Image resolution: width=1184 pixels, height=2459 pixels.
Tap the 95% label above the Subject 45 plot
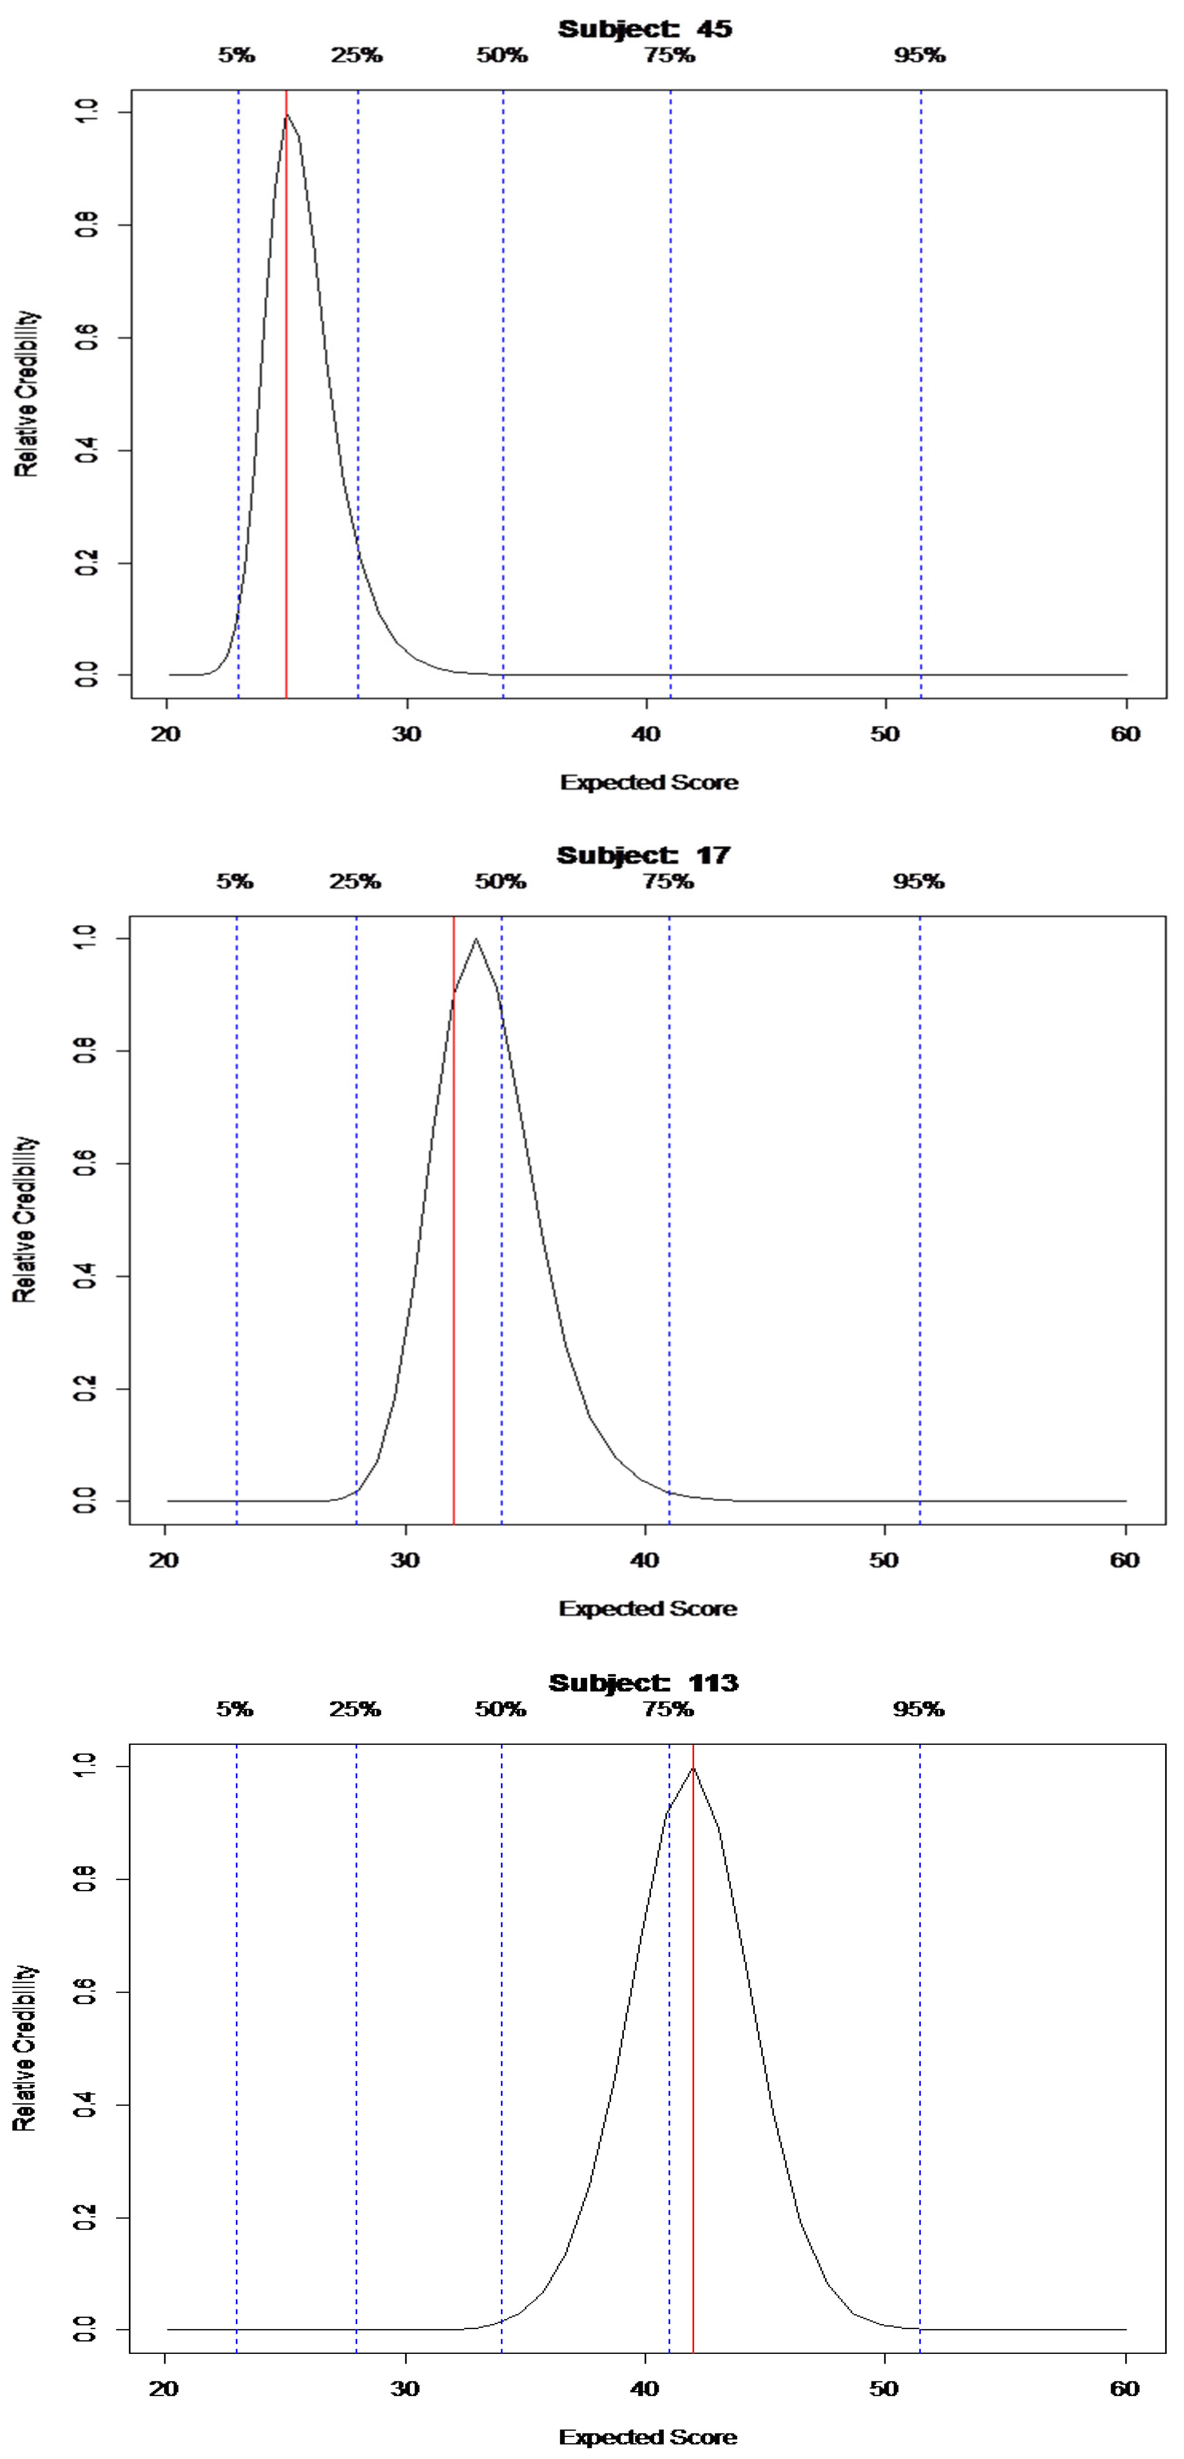coord(920,56)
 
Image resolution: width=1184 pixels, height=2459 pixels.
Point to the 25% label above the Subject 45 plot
coord(357,56)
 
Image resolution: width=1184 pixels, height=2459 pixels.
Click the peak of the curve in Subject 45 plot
coord(286,115)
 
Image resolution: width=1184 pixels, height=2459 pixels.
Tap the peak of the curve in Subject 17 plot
coord(477,939)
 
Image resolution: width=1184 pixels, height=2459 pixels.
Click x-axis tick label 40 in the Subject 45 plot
coord(646,734)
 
